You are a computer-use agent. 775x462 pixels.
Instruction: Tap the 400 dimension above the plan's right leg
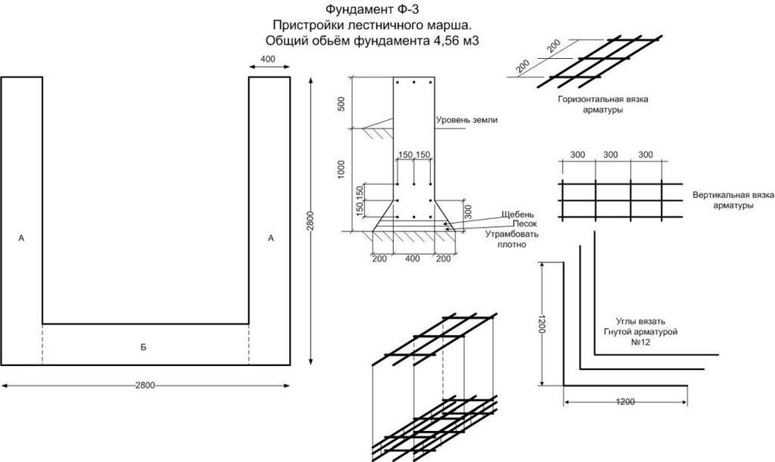click(269, 60)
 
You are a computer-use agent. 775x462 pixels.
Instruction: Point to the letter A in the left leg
click(21, 240)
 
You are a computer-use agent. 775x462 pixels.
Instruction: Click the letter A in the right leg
click(270, 239)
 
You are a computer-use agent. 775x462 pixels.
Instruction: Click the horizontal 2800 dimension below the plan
click(145, 385)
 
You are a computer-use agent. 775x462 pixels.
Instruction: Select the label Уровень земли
click(466, 121)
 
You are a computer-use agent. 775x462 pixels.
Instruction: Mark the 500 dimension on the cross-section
click(342, 104)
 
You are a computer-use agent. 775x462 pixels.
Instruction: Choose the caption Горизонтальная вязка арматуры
click(591, 105)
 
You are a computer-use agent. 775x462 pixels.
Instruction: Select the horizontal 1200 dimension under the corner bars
click(625, 402)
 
